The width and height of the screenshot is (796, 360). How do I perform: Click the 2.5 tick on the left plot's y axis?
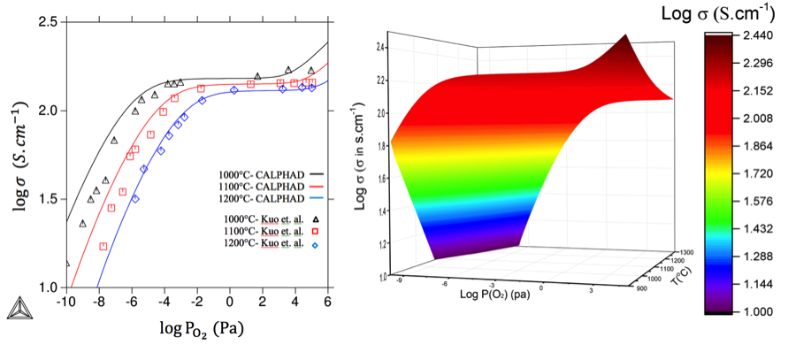click(x=47, y=21)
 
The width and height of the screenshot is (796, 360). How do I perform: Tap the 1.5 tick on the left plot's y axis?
click(x=47, y=199)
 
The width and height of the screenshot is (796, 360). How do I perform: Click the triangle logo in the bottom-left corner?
click(x=16, y=307)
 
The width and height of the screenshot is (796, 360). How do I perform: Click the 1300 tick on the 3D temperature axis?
click(x=682, y=251)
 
